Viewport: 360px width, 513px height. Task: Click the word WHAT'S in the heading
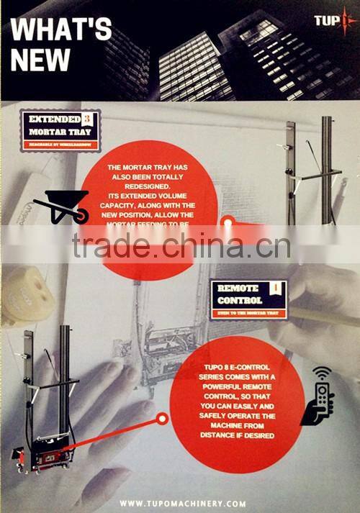[x=61, y=30]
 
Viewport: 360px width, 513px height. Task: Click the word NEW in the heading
[x=40, y=60]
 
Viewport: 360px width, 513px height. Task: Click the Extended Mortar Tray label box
[x=60, y=127]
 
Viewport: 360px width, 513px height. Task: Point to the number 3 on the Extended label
[x=88, y=119]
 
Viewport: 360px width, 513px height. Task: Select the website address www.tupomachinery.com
[x=183, y=504]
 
